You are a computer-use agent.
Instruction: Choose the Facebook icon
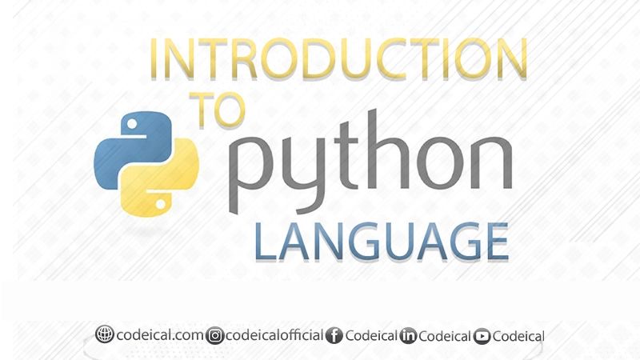(334, 336)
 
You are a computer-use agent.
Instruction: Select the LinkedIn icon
(408, 336)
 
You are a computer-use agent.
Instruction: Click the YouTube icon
(482, 337)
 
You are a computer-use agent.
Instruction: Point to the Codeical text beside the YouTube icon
(518, 336)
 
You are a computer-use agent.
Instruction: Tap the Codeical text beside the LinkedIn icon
(445, 336)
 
